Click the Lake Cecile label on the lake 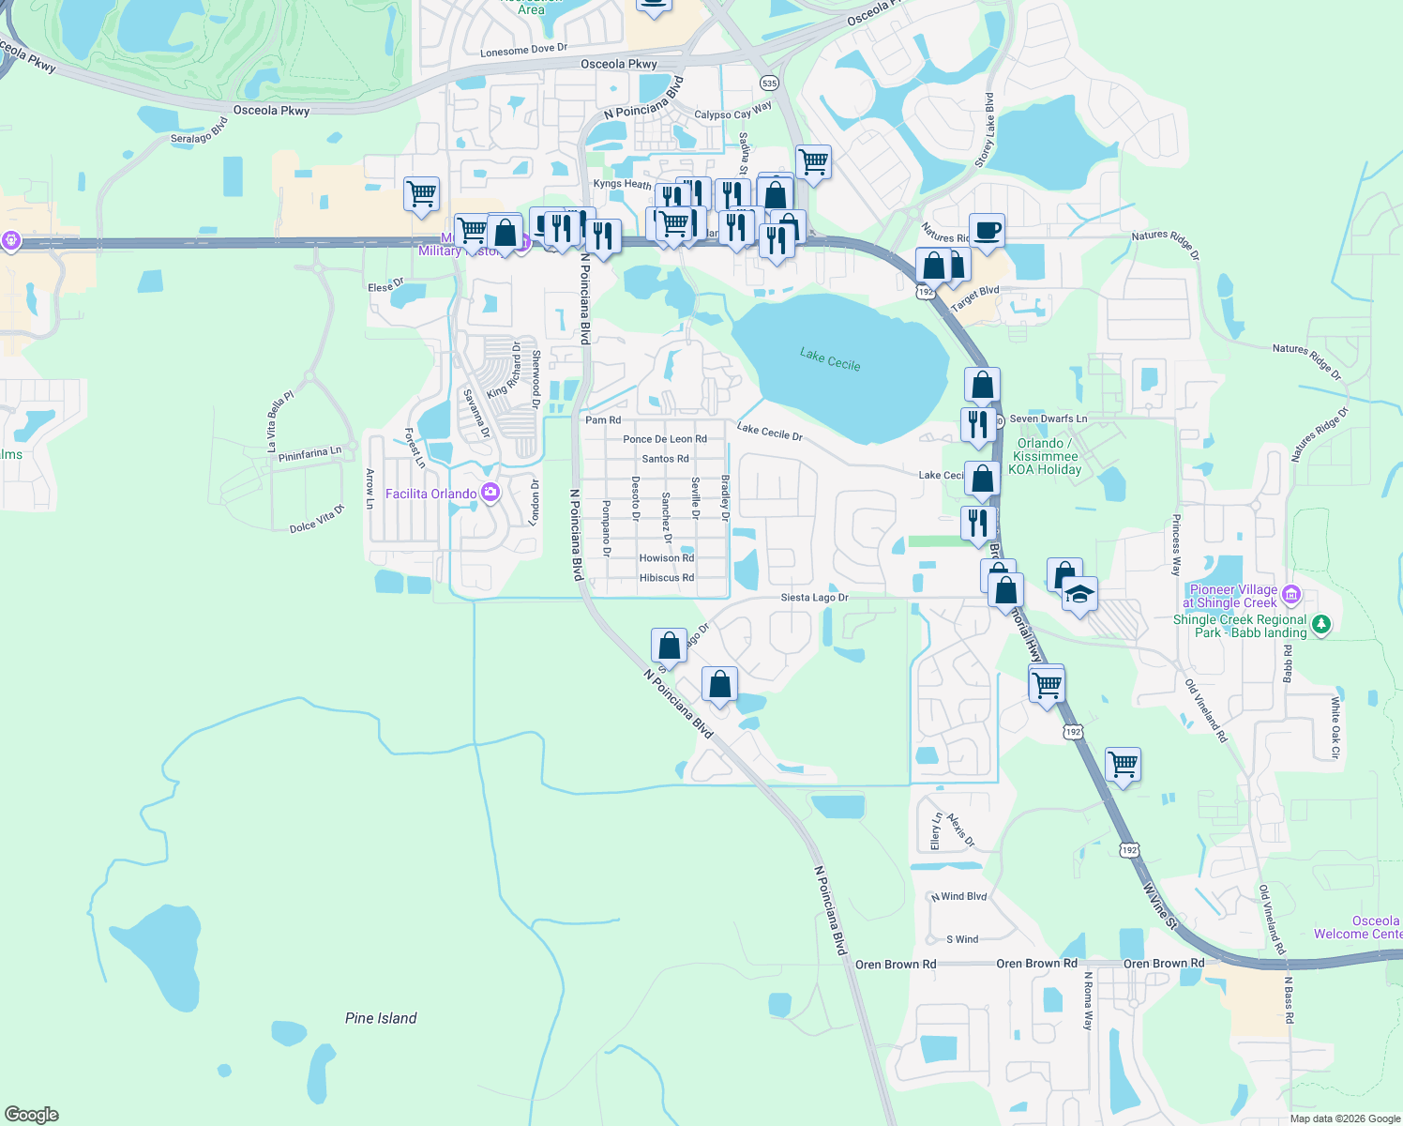(x=829, y=358)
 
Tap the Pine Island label (x=381, y=1018)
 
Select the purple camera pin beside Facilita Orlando (x=490, y=493)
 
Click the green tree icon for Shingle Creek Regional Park (x=1320, y=624)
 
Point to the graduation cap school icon (x=1079, y=594)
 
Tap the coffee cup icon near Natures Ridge (x=986, y=229)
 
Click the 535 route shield (x=769, y=84)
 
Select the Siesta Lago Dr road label (x=814, y=598)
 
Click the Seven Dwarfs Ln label (x=1048, y=418)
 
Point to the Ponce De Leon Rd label (x=665, y=439)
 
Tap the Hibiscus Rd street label (x=667, y=578)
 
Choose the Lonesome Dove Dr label (x=523, y=51)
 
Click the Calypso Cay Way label (x=733, y=111)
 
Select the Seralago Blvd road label (x=199, y=131)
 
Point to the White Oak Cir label (x=1335, y=727)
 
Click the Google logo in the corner (x=31, y=1115)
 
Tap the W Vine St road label (x=1159, y=905)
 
